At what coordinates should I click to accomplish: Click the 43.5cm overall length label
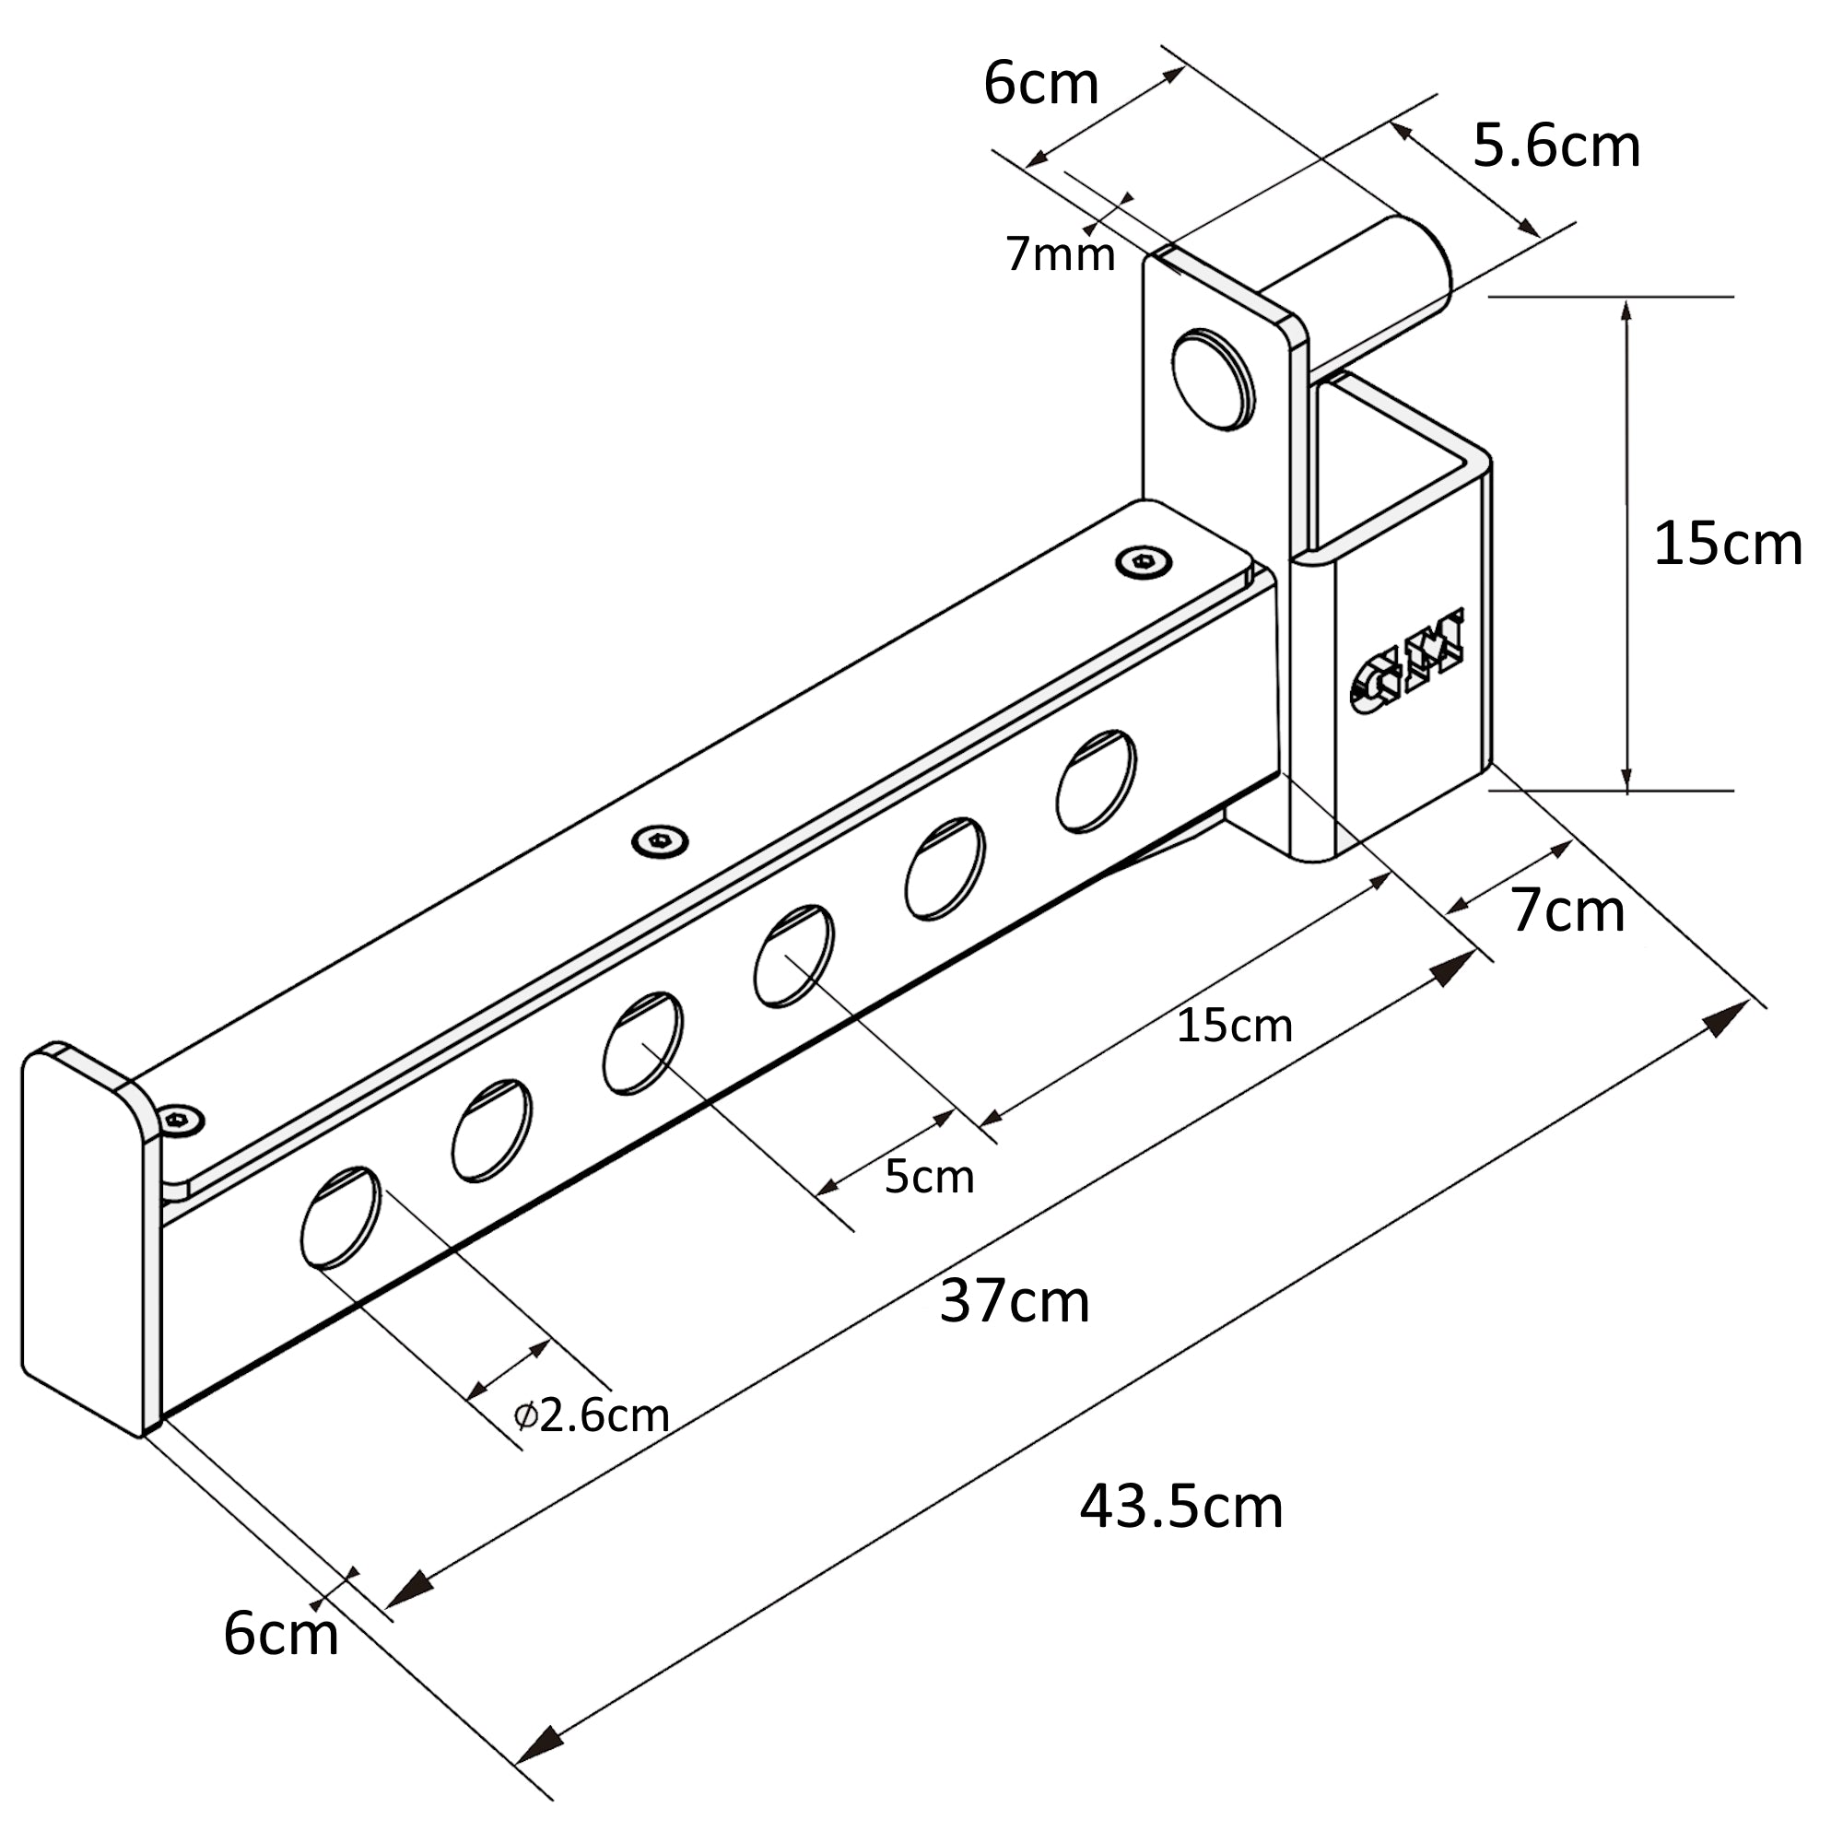[x=1181, y=1508]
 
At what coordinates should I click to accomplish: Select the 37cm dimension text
[x=1014, y=1301]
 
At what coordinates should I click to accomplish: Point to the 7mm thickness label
[x=1061, y=254]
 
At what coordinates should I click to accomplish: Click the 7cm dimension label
[x=1568, y=911]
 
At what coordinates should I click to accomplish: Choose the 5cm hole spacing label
[x=929, y=1177]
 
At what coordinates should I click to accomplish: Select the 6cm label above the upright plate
[x=1041, y=84]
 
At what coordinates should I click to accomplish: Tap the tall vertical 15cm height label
[x=1728, y=545]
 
